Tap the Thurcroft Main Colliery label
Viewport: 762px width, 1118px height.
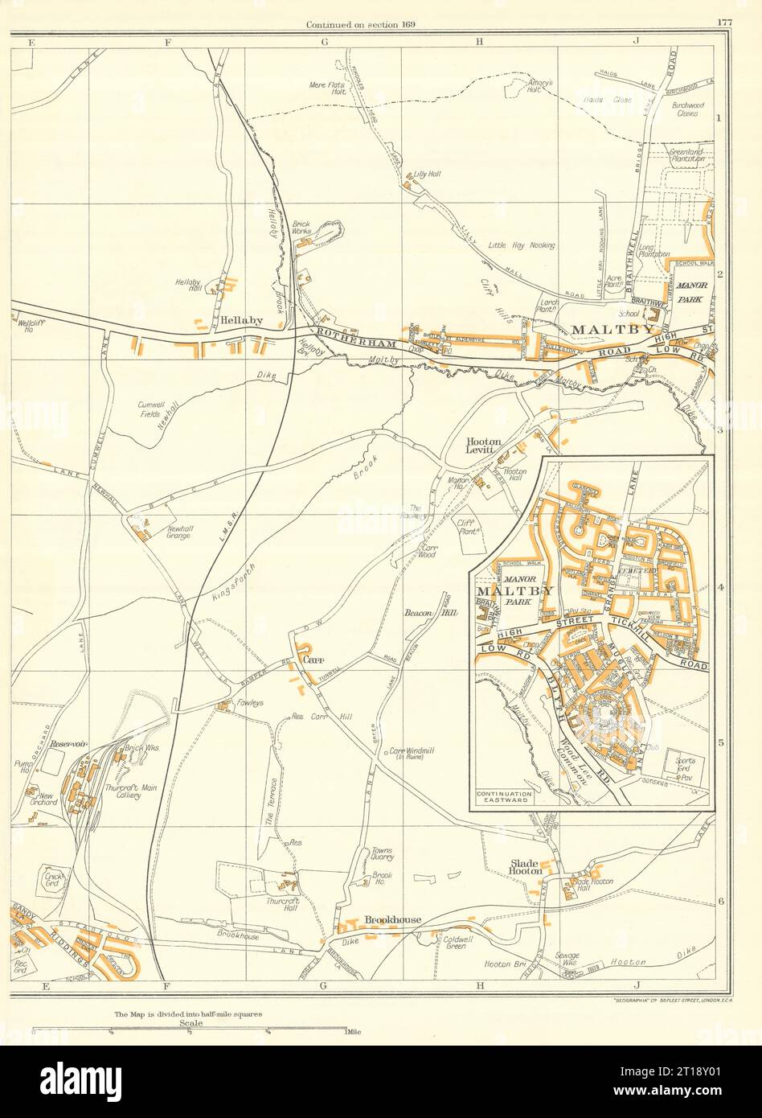point(123,791)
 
